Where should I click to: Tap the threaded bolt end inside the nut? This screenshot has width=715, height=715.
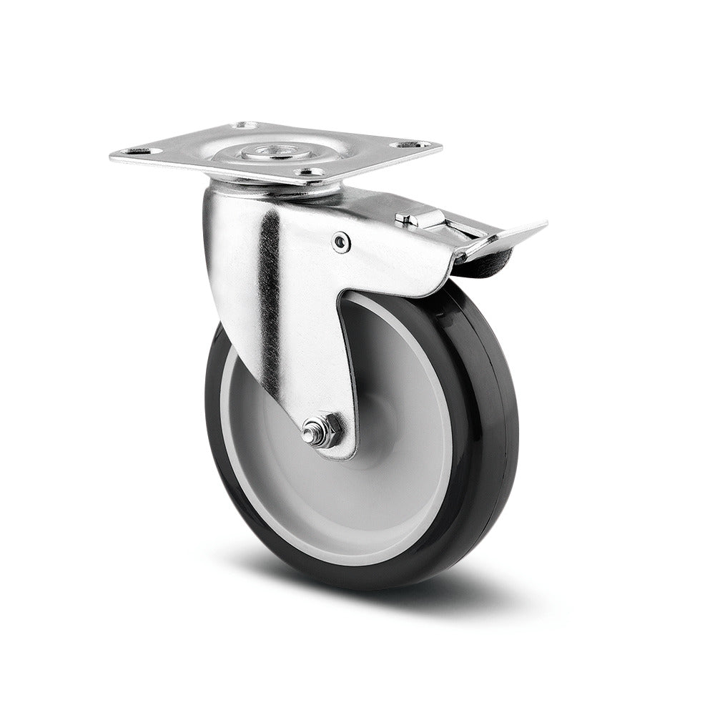pyautogui.click(x=310, y=433)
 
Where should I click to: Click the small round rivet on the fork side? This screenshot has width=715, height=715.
pyautogui.click(x=341, y=243)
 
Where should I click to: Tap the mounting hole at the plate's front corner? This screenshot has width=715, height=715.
pyautogui.click(x=308, y=172)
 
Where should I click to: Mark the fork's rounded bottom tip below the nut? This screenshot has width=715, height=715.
pyautogui.click(x=343, y=452)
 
